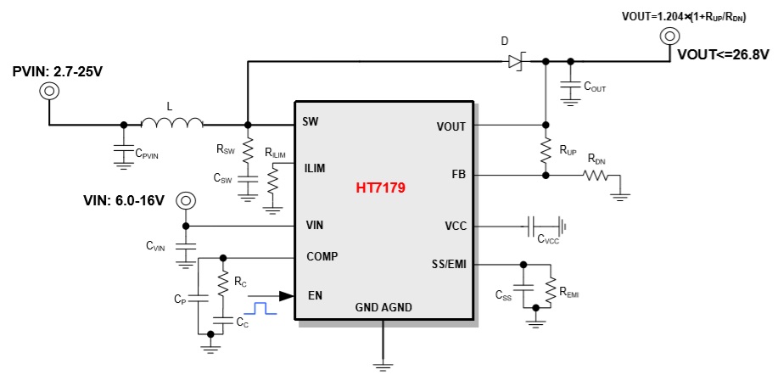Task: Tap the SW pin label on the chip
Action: (311, 122)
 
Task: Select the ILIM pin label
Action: (315, 168)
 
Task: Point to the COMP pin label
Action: (322, 256)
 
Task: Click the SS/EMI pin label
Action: (445, 266)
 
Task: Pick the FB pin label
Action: (457, 175)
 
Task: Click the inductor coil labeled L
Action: (171, 125)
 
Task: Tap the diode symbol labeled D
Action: (516, 61)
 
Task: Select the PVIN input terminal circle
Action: (46, 89)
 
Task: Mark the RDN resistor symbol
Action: (595, 176)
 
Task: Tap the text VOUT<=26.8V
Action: (722, 55)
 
